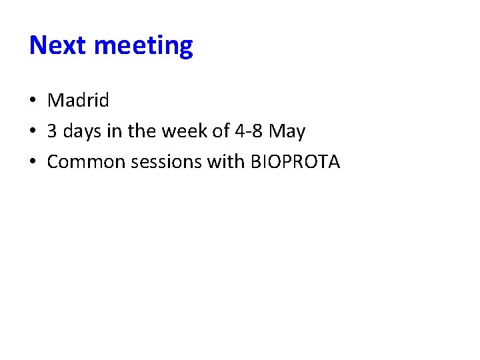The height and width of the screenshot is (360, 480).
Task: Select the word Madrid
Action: (78, 101)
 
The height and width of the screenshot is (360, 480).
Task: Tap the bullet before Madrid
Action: (33, 101)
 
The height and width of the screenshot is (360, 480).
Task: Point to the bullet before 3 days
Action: (33, 132)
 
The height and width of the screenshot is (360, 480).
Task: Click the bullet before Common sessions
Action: (33, 162)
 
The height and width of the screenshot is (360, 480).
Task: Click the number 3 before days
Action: (52, 131)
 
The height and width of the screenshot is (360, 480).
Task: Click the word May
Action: (287, 132)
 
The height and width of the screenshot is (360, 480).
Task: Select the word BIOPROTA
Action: (295, 162)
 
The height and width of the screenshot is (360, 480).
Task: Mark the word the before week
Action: (141, 131)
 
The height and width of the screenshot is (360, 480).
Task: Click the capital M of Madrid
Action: (55, 101)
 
